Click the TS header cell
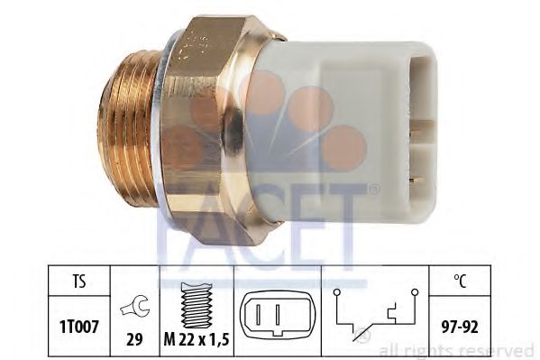click(78, 281)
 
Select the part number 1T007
click(79, 327)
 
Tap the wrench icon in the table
click(134, 307)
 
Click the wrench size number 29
click(134, 340)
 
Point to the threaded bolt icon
click(197, 305)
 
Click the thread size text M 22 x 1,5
click(197, 340)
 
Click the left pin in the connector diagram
click(259, 314)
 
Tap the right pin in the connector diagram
click(278, 314)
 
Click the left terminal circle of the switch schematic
click(337, 292)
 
